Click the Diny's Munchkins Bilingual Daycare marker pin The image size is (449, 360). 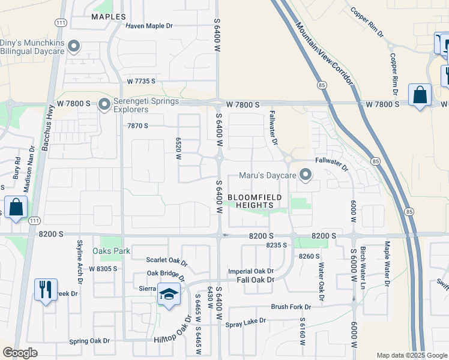[x=74, y=46]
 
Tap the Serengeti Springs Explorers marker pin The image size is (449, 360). [x=104, y=105]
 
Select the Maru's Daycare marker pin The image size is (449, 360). [x=306, y=175]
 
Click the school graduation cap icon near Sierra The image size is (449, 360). [x=169, y=295]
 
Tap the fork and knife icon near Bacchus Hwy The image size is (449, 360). [x=46, y=290]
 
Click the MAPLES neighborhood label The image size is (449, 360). [x=109, y=17]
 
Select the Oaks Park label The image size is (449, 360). [x=107, y=250]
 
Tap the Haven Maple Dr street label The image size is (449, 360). [x=149, y=26]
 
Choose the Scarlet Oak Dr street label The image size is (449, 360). [x=167, y=260]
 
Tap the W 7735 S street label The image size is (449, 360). [x=141, y=80]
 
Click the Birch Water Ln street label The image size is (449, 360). [x=363, y=264]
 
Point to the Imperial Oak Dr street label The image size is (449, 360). [x=250, y=271]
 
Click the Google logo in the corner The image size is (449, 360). [x=20, y=353]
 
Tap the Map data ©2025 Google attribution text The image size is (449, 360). [x=411, y=355]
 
